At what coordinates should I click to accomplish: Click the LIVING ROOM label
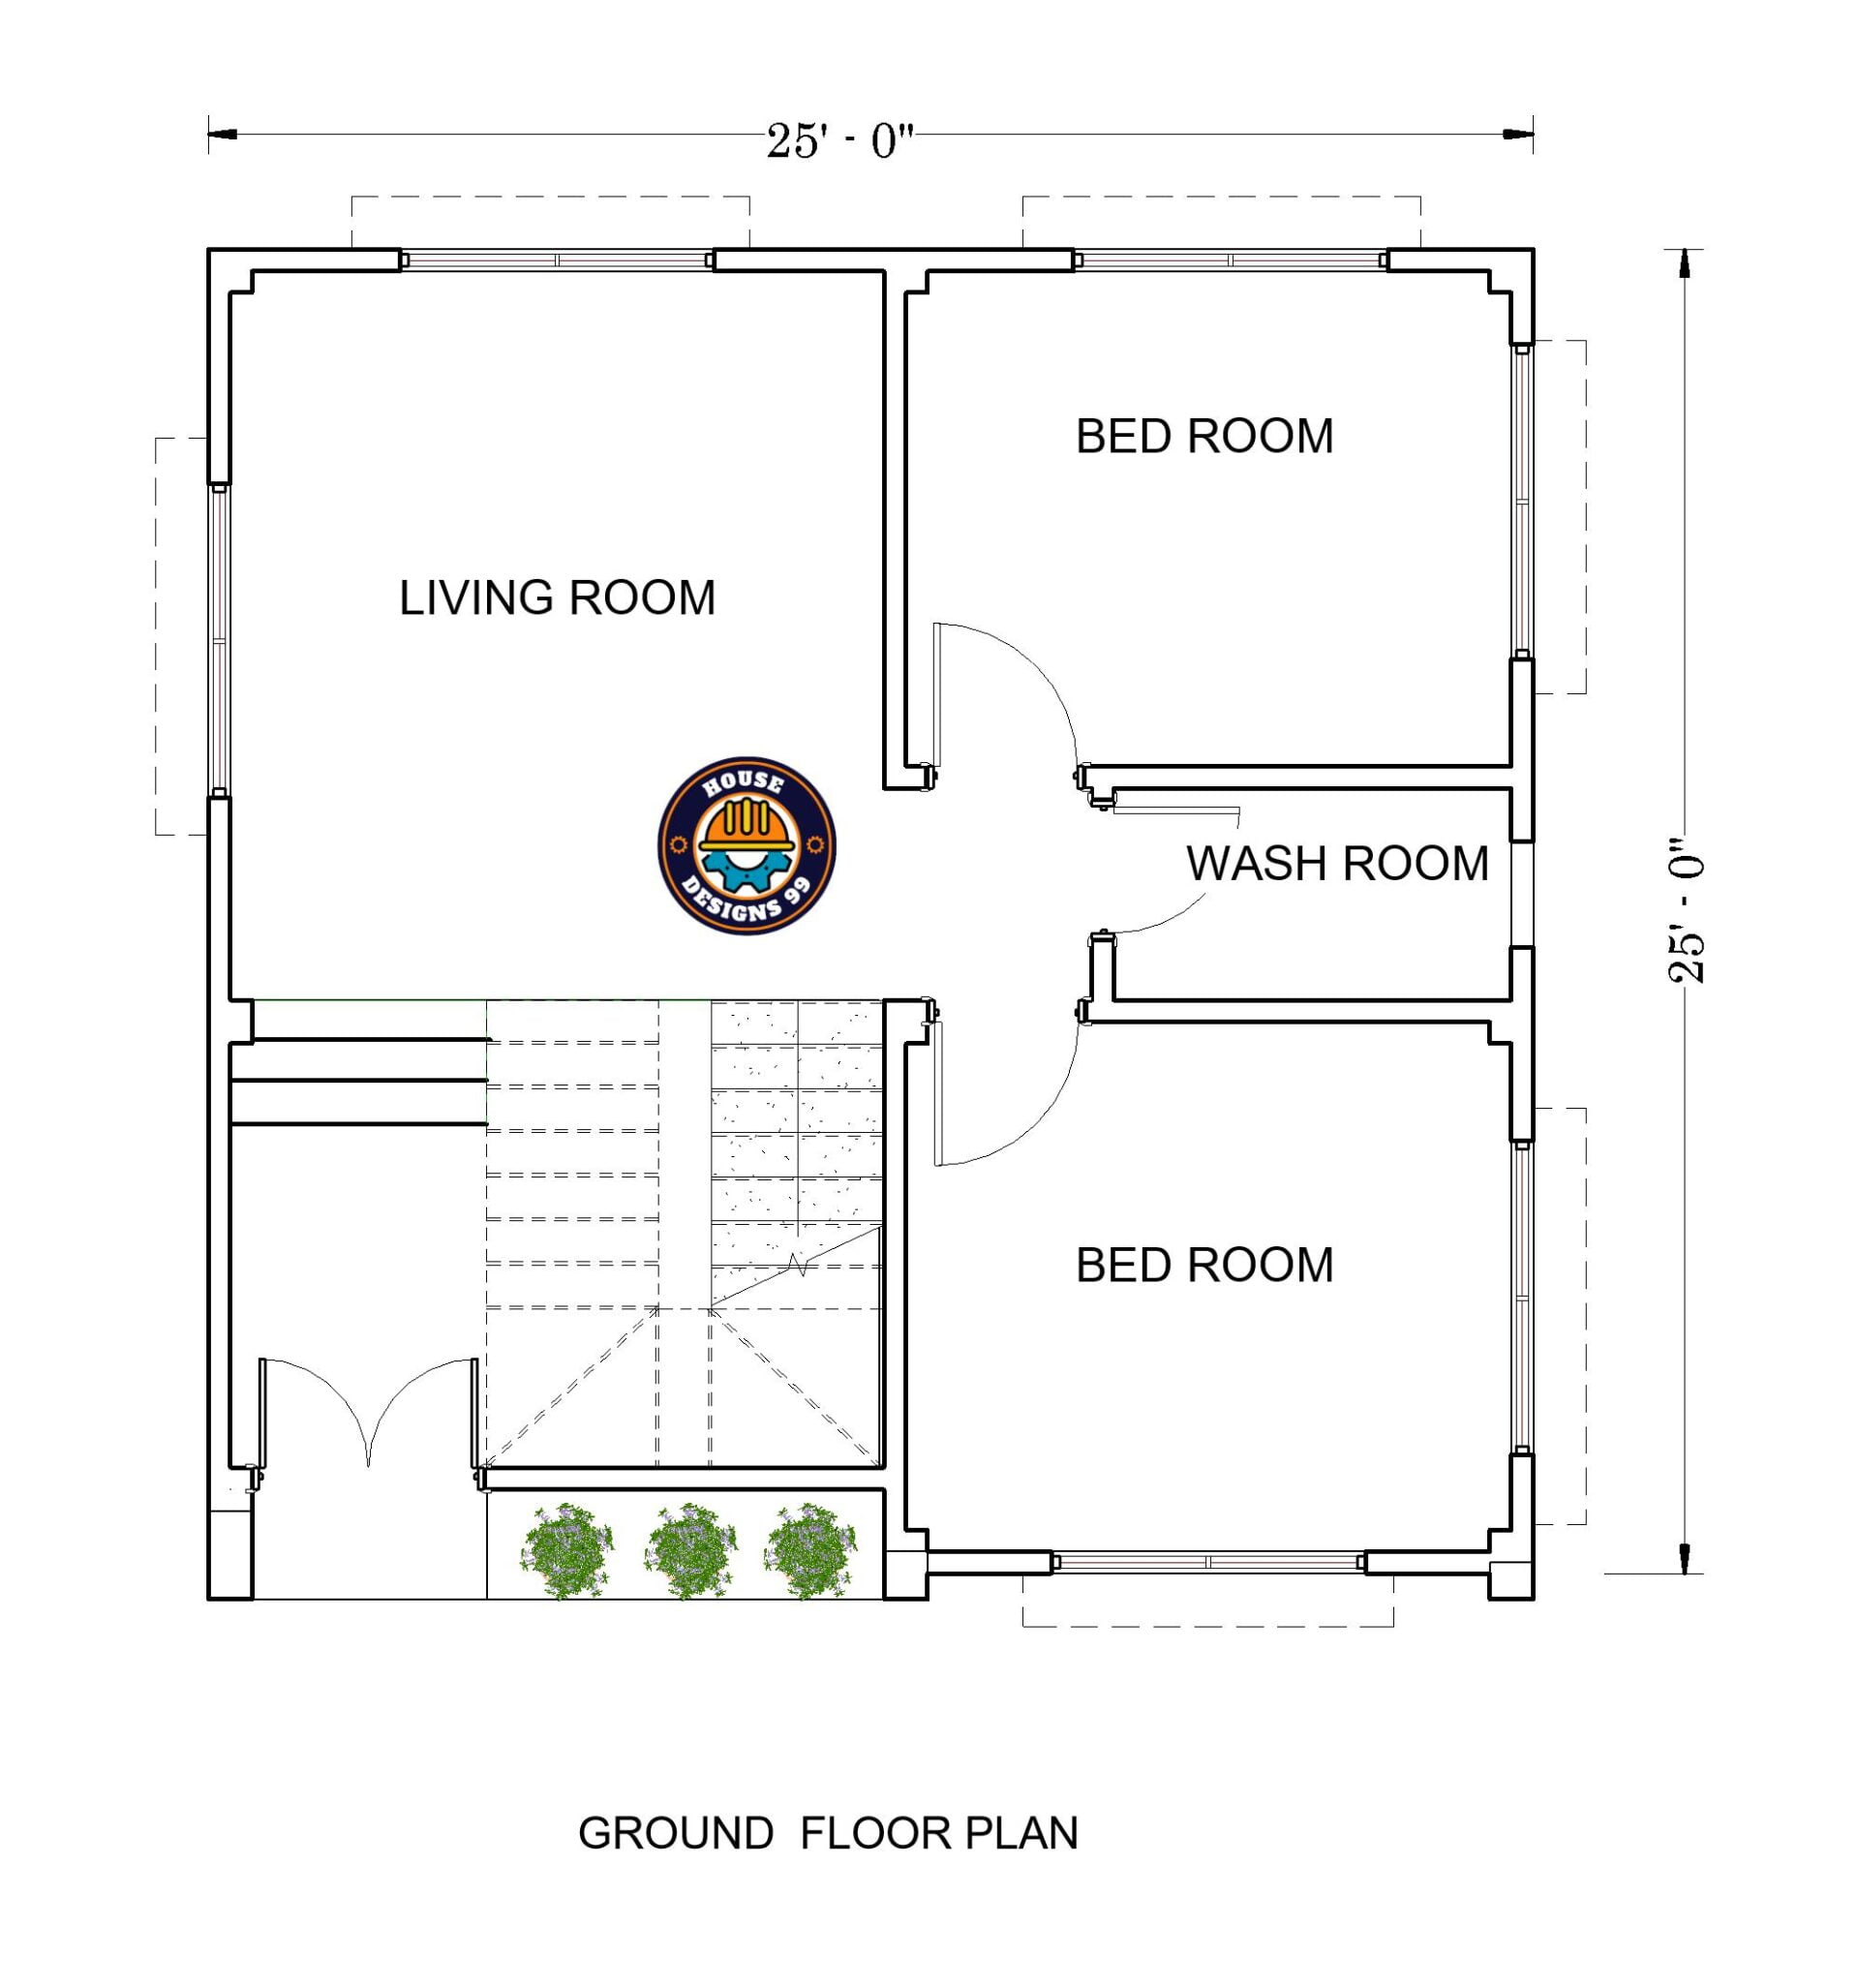(x=557, y=598)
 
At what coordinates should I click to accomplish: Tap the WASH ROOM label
(x=1336, y=864)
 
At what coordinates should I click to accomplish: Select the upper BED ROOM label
(x=1204, y=437)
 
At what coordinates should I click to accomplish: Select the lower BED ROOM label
(x=1204, y=1266)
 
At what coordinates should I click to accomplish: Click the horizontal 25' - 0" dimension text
(x=839, y=141)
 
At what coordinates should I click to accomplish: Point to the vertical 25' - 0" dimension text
(x=1685, y=910)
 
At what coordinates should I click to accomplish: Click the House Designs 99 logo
(x=746, y=845)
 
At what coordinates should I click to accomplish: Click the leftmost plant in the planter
(x=566, y=1550)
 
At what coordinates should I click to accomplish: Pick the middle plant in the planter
(x=689, y=1550)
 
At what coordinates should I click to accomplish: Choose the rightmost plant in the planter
(x=810, y=1550)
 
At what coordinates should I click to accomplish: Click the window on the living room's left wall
(x=218, y=640)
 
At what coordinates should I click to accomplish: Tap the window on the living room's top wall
(x=557, y=260)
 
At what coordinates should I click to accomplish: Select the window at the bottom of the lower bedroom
(x=1207, y=1562)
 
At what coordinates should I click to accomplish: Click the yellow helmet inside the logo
(x=747, y=826)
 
